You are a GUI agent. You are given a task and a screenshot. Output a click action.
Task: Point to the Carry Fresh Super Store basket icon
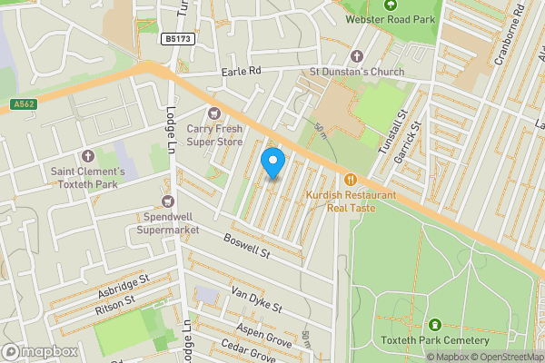pos(214,113)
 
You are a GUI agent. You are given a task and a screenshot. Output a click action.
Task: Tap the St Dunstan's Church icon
pos(356,56)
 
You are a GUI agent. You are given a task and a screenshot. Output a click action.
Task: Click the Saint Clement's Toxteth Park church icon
pos(88,156)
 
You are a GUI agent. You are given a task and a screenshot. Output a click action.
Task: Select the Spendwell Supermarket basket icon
pos(167,201)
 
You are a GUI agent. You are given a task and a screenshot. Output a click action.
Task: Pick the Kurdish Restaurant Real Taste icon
pos(351,180)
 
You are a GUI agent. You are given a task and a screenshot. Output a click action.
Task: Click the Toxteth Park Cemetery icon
pos(434,325)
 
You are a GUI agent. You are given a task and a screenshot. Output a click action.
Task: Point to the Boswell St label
pos(248,245)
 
